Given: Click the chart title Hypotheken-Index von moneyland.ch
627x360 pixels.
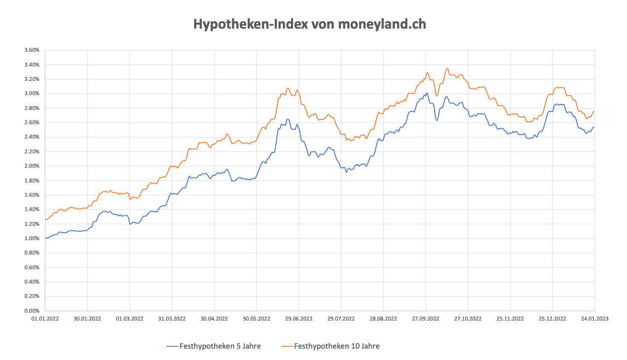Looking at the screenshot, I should click(x=309, y=24).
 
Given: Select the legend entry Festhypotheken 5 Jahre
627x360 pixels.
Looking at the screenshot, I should click(x=220, y=346).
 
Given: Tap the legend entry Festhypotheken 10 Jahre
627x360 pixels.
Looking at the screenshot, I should click(x=336, y=346).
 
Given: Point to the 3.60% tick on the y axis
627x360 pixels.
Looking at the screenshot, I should click(x=32, y=50).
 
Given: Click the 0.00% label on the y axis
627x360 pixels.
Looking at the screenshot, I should click(x=32, y=311).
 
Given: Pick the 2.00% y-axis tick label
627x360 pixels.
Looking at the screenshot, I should click(x=32, y=166).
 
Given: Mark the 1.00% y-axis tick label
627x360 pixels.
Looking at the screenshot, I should click(x=32, y=239).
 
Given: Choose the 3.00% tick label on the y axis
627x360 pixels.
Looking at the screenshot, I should click(x=32, y=94).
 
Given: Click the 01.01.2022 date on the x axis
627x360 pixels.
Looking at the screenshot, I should click(x=45, y=319).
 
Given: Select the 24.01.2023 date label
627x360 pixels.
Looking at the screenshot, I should click(x=594, y=319).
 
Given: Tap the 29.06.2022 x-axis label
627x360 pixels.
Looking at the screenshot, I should click(x=299, y=319).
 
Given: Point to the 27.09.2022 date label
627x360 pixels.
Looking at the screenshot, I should click(x=425, y=319).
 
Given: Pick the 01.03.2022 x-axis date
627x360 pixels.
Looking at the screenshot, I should click(x=130, y=319).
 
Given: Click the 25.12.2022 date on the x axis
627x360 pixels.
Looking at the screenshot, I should click(x=553, y=319).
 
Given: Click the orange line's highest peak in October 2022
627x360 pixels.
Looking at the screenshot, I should click(x=447, y=69).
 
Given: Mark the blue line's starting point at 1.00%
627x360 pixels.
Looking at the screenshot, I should click(x=45, y=238).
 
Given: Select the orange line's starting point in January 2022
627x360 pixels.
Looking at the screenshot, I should click(x=45, y=219).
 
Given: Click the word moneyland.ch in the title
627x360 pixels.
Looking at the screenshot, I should click(x=382, y=24).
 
